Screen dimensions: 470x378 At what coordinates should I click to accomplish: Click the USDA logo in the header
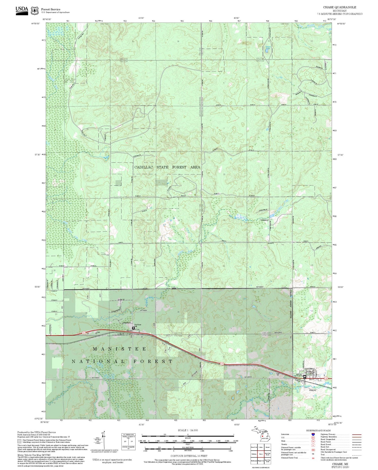coord(22,10)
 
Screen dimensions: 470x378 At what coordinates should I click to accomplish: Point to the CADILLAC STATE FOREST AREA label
coord(167,167)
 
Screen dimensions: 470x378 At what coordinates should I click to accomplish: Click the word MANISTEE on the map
coord(119,349)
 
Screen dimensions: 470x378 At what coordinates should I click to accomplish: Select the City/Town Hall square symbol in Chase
coord(305,377)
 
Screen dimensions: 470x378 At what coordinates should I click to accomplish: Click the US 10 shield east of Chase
coord(327,378)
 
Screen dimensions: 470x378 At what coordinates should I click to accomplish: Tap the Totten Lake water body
coord(266,50)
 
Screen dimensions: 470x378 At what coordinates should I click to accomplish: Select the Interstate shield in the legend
coord(313,434)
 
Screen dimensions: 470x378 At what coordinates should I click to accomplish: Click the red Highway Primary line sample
coord(355,434)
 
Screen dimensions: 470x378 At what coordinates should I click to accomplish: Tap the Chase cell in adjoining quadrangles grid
coord(261,454)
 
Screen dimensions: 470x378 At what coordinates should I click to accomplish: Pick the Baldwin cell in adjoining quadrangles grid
coord(254,454)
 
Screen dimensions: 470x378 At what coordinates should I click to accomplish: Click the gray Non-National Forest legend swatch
coord(19,441)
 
